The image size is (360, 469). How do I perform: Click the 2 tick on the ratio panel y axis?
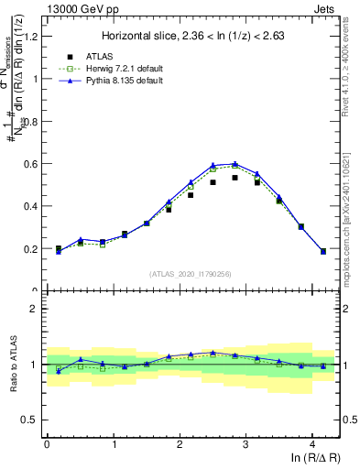pos(34,309)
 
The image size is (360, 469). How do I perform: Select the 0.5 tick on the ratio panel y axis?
pos(30,420)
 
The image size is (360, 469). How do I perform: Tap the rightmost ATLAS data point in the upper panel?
pos(323,251)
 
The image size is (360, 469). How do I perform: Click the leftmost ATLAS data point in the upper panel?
pos(58,248)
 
